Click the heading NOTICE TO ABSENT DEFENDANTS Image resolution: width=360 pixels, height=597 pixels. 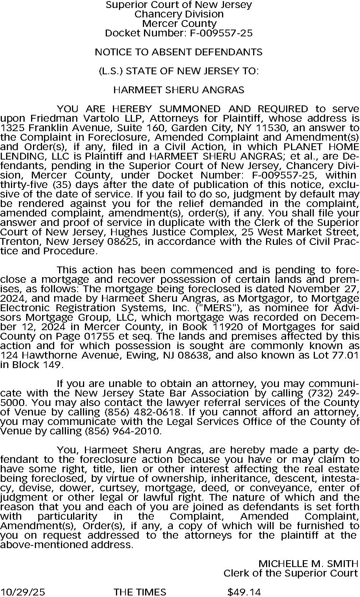coord(178,52)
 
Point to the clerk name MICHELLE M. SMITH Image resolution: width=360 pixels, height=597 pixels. coord(308,564)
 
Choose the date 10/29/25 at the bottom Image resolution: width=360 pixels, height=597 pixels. coord(23,592)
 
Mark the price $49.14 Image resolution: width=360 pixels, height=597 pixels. coord(244,592)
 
